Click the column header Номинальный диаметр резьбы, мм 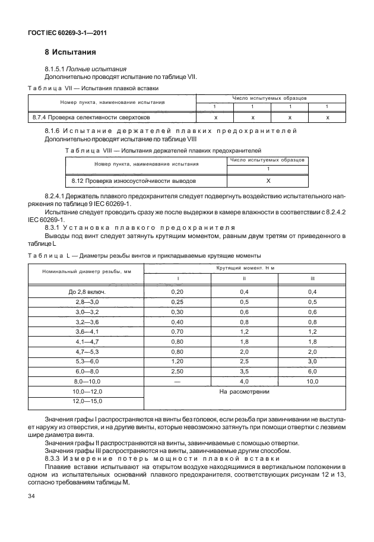[87, 272]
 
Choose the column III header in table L [313, 278]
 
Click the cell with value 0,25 [177, 302]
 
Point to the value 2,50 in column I [177, 369]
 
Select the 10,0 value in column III [313, 381]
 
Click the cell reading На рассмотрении [245, 392]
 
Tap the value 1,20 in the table [177, 360]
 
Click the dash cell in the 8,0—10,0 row [177, 381]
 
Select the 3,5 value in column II [244, 369]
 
